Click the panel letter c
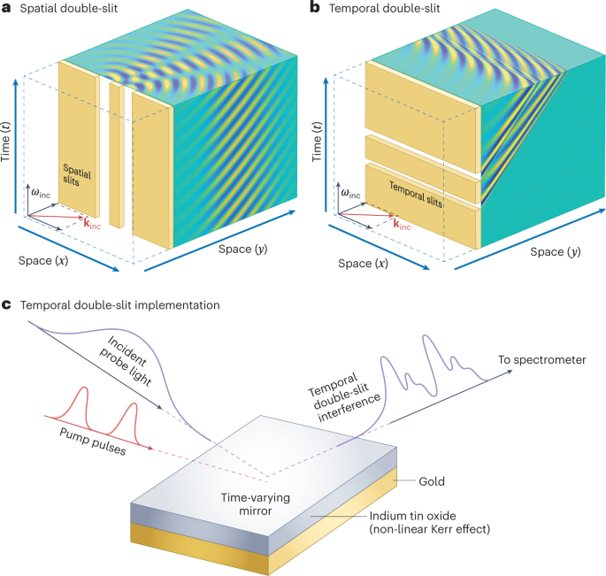[x=7, y=305]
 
